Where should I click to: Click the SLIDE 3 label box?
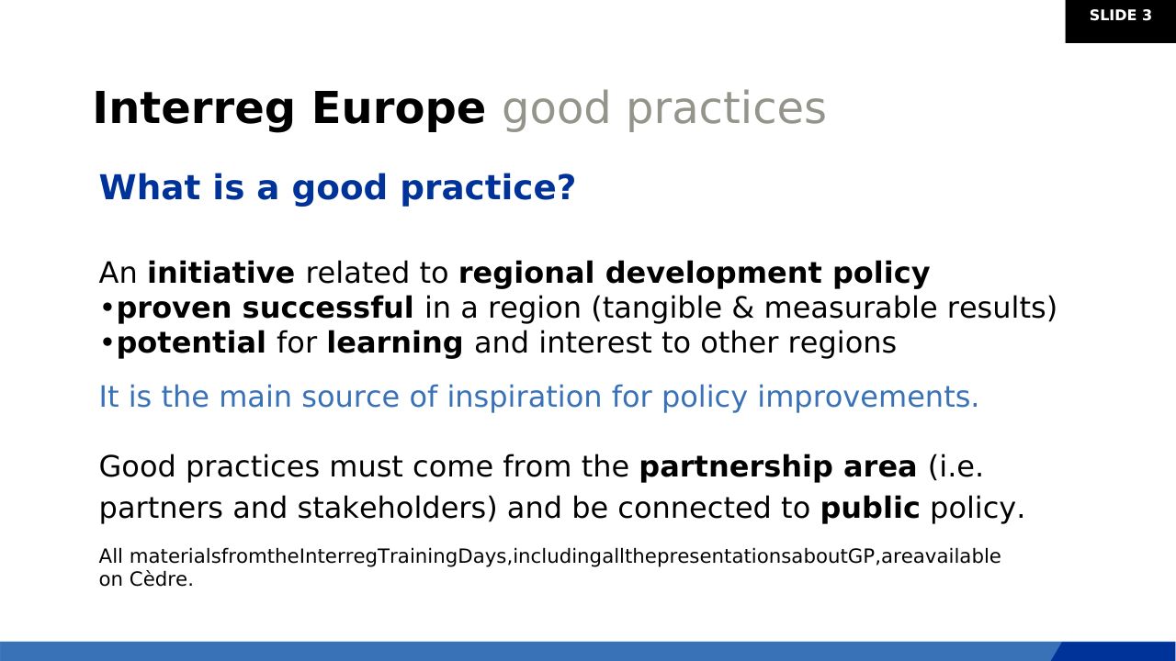tap(1120, 21)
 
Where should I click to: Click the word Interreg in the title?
tap(194, 109)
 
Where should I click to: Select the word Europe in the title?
tap(399, 109)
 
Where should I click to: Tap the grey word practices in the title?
tap(727, 109)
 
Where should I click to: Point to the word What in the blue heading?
tap(150, 187)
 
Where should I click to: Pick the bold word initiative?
tap(221, 273)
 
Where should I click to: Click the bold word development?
tap(714, 274)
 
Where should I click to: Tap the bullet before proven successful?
tap(107, 308)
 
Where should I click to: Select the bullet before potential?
tap(107, 343)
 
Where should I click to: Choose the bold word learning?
tap(395, 343)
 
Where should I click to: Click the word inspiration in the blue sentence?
tap(524, 398)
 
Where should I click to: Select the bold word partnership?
tap(736, 467)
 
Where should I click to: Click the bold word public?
tap(870, 509)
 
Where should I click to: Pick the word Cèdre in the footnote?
tap(161, 579)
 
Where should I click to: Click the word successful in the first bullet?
tap(328, 308)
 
